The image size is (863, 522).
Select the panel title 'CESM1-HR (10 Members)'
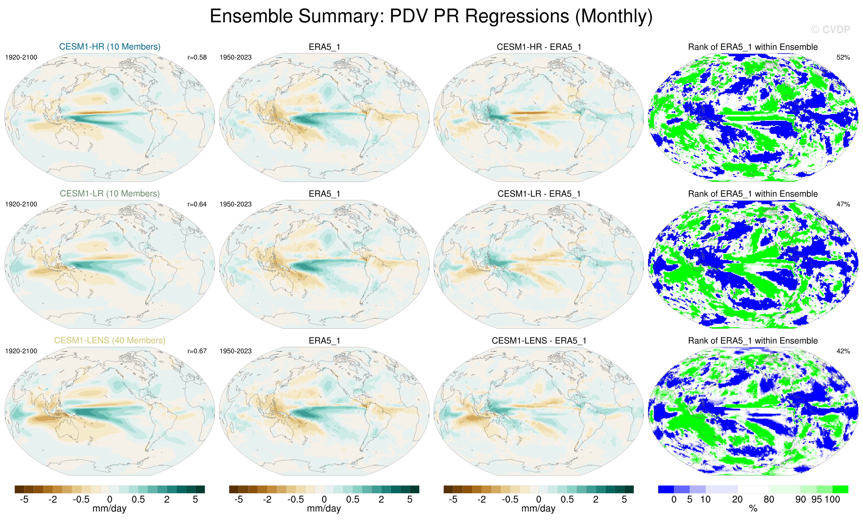[x=110, y=46]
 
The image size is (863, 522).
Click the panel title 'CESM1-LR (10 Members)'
[x=110, y=193]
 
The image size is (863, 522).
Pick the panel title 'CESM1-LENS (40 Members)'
[x=110, y=340]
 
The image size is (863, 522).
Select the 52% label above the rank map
[x=843, y=57]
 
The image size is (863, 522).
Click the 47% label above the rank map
[x=843, y=204]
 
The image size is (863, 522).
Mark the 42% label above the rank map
[x=843, y=351]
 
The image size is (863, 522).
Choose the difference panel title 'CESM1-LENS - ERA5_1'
[x=539, y=341]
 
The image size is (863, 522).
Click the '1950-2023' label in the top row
[x=235, y=57]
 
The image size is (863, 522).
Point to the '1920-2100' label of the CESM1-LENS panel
[x=21, y=351]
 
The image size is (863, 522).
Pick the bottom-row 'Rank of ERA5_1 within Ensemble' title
[x=753, y=341]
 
